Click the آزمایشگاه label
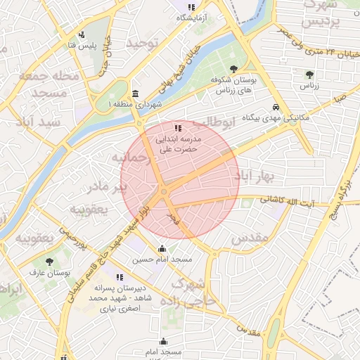click(180, 17)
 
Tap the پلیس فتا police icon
click(82, 34)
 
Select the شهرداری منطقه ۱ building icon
click(135, 94)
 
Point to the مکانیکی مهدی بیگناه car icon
click(277, 107)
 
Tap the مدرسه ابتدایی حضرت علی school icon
click(178, 128)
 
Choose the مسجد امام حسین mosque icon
click(162, 248)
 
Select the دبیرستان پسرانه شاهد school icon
click(120, 277)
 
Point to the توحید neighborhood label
click(144, 44)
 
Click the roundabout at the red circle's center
click(164, 191)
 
